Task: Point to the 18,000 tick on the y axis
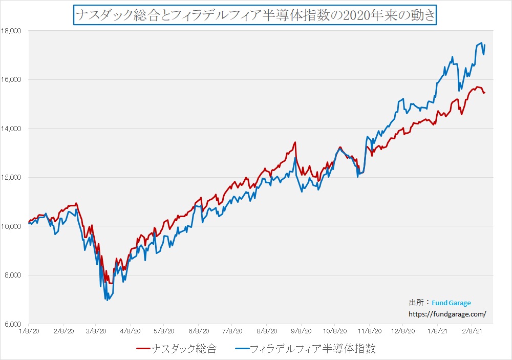(x=11, y=31)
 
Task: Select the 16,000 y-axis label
(x=11, y=80)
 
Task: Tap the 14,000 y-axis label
(x=11, y=129)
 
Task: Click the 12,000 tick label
(x=11, y=178)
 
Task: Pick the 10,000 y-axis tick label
(x=11, y=226)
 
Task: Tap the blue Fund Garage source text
(x=451, y=303)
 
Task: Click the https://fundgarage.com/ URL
(x=446, y=314)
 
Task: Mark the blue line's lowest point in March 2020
(x=107, y=300)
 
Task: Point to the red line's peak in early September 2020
(x=295, y=142)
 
